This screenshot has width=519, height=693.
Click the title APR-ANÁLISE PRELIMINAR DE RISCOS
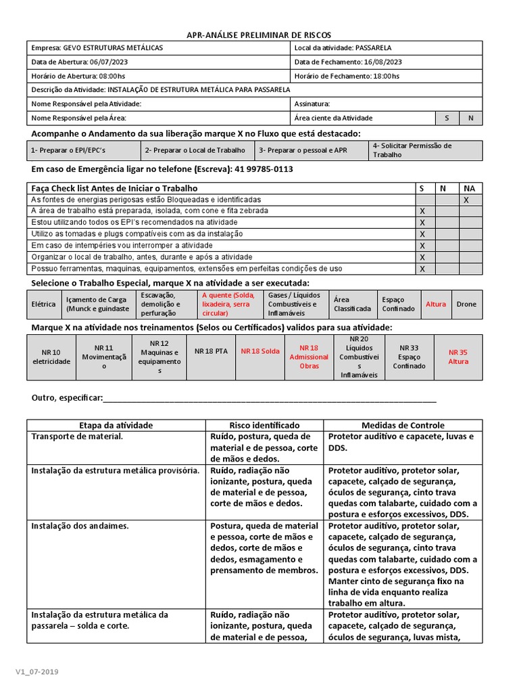coord(259,35)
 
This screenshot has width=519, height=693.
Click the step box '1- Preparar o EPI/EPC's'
coord(84,150)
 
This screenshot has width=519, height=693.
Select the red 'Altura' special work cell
coord(435,305)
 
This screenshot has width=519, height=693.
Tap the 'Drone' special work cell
coord(466,305)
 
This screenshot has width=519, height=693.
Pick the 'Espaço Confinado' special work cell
coord(398,305)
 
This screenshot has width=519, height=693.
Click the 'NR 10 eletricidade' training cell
coord(51,357)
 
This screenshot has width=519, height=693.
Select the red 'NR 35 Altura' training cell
coord(458,357)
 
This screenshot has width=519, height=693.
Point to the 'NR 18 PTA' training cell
coord(211,352)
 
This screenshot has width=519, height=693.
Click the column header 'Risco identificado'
coord(264,426)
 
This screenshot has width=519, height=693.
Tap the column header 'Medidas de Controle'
coord(403,426)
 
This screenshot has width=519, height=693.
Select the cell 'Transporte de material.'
coord(78,437)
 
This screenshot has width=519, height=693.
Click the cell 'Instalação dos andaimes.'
coord(80,526)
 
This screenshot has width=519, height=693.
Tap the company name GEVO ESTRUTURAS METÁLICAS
coord(113,48)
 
